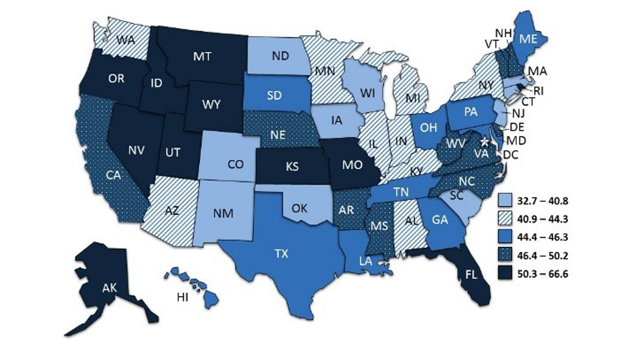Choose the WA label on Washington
126,39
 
